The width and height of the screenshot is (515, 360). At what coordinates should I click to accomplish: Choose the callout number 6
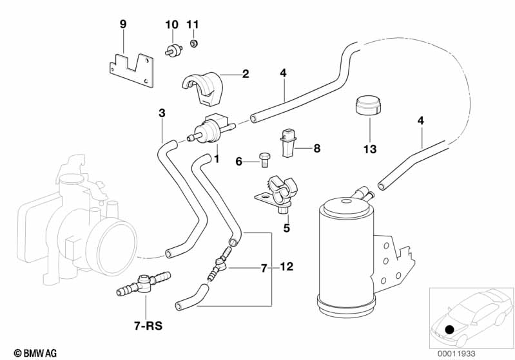click(x=238, y=162)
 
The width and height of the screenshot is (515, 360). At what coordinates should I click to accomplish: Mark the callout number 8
click(x=298, y=148)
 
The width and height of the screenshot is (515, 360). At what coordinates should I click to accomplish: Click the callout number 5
click(x=287, y=227)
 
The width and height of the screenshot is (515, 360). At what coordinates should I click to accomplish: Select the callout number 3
click(x=162, y=113)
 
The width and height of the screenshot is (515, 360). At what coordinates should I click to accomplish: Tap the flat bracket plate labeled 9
click(x=131, y=70)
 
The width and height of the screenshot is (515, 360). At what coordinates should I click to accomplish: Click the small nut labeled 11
click(x=193, y=44)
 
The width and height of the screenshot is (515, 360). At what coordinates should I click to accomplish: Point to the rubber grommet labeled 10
click(x=173, y=50)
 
